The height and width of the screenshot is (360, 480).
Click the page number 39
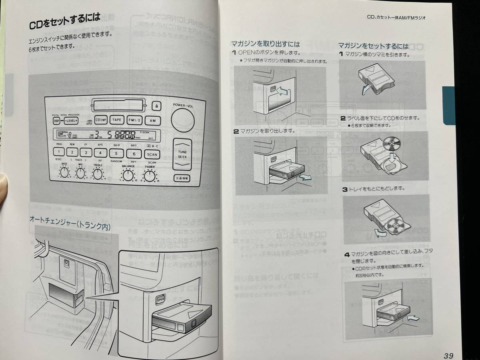(448, 355)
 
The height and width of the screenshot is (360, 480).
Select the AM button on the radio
(152, 120)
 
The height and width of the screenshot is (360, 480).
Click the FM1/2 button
(134, 120)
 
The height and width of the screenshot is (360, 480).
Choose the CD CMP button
(101, 120)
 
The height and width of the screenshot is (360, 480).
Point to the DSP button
(56, 120)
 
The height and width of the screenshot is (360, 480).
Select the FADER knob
(150, 175)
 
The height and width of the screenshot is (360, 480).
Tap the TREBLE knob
(98, 173)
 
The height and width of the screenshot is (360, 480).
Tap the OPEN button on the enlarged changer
(160, 299)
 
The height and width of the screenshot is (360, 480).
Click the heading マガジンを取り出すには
(265, 44)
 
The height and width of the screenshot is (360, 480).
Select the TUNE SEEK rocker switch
(182, 154)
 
